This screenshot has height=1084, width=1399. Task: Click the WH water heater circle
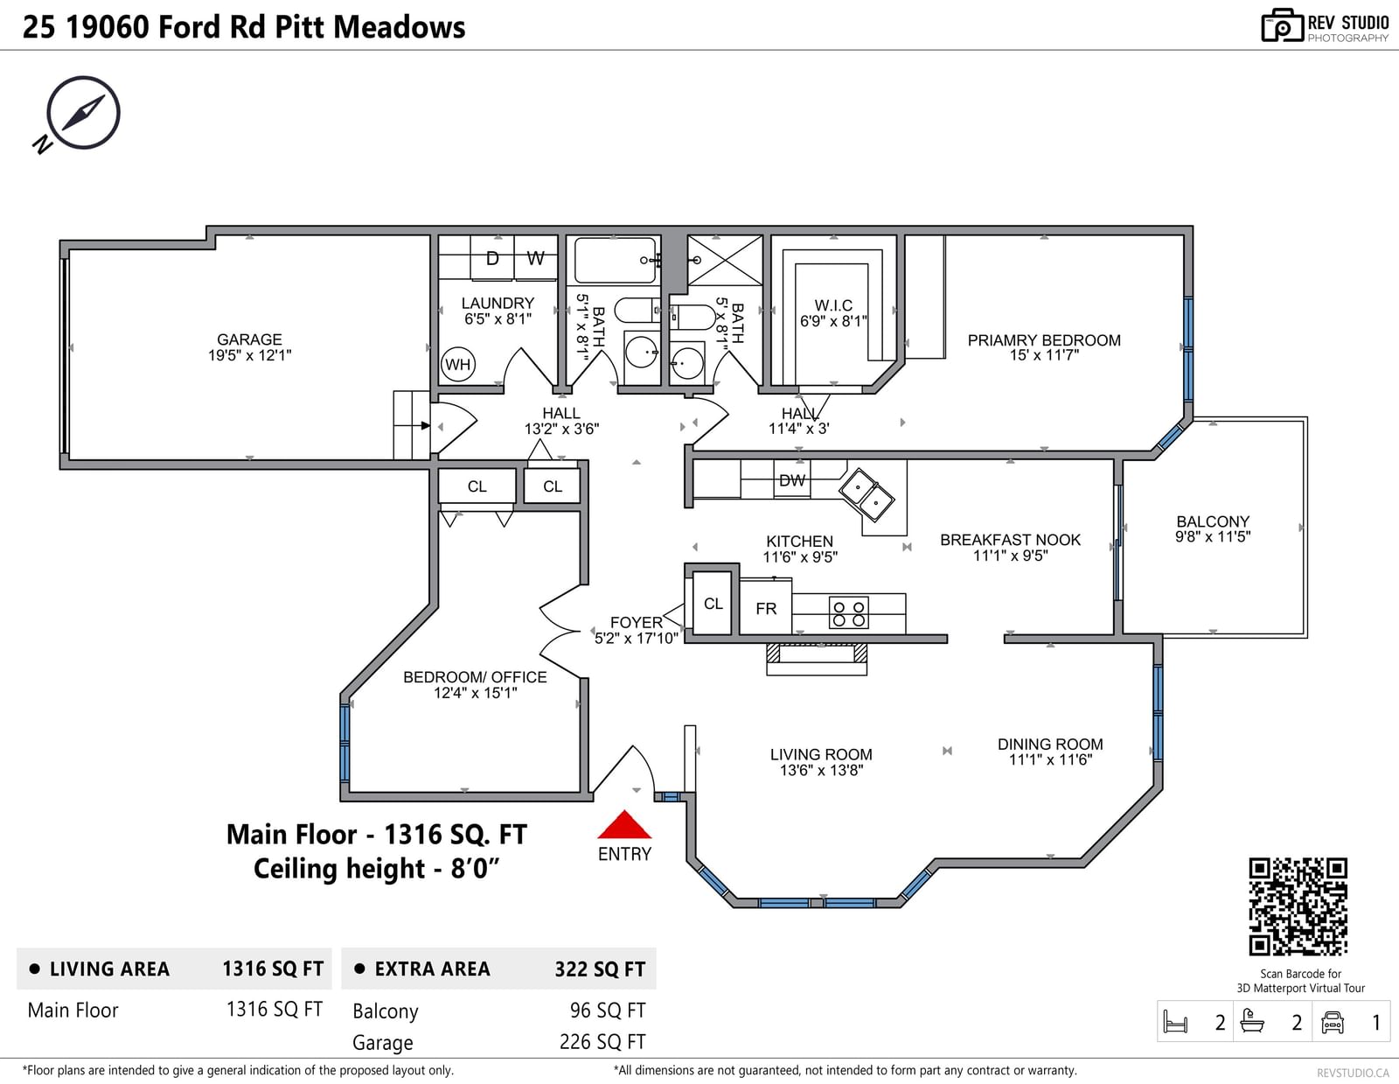click(458, 365)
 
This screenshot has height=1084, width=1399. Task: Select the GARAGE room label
click(249, 339)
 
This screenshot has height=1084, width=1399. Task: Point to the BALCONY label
click(1213, 521)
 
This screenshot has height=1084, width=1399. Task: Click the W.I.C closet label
click(833, 305)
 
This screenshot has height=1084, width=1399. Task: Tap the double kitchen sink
click(866, 494)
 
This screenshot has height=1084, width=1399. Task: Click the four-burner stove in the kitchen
click(848, 613)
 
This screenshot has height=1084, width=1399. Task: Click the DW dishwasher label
click(792, 480)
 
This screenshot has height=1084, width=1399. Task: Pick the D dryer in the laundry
click(492, 259)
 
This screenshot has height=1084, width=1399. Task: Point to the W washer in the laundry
click(536, 259)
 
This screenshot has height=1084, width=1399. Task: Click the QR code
click(1298, 907)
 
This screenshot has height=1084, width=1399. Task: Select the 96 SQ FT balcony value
click(608, 1010)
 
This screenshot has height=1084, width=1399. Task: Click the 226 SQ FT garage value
click(602, 1041)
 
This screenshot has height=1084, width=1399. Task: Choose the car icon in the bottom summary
click(1332, 1022)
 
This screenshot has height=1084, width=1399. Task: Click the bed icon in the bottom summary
click(1176, 1022)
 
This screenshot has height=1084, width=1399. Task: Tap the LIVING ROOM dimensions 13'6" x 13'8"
click(821, 770)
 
